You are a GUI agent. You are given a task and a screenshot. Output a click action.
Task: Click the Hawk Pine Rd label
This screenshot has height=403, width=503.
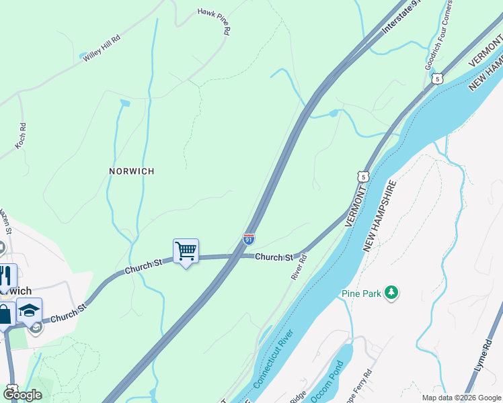click(215, 21)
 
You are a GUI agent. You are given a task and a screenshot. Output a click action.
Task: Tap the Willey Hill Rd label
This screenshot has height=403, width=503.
click(101, 49)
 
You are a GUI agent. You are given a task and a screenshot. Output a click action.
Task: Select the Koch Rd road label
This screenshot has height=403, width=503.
click(22, 135)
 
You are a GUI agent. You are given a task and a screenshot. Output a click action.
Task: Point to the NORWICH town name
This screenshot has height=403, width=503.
click(132, 171)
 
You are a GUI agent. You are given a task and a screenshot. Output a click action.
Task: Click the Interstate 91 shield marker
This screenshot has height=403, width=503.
click(248, 238)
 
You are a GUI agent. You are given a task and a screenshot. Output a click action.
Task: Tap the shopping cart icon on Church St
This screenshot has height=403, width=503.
click(186, 252)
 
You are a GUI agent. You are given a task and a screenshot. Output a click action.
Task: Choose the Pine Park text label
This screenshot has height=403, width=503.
click(361, 293)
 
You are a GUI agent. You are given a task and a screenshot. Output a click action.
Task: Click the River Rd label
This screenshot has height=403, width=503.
click(298, 267)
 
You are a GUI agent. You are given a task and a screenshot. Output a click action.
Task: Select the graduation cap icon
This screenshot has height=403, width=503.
click(30, 310)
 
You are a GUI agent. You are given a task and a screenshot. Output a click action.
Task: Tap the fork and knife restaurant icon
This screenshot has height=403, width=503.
click(6, 276)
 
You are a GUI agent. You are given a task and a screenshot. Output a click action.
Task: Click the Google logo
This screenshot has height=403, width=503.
click(22, 396)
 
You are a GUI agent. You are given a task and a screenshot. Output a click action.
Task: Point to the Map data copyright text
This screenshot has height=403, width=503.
click(461, 398)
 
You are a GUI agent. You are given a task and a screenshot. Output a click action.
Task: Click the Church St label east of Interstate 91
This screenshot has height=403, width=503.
click(274, 257)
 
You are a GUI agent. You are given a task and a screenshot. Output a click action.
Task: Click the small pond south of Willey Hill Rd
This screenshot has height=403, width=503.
click(124, 103)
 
